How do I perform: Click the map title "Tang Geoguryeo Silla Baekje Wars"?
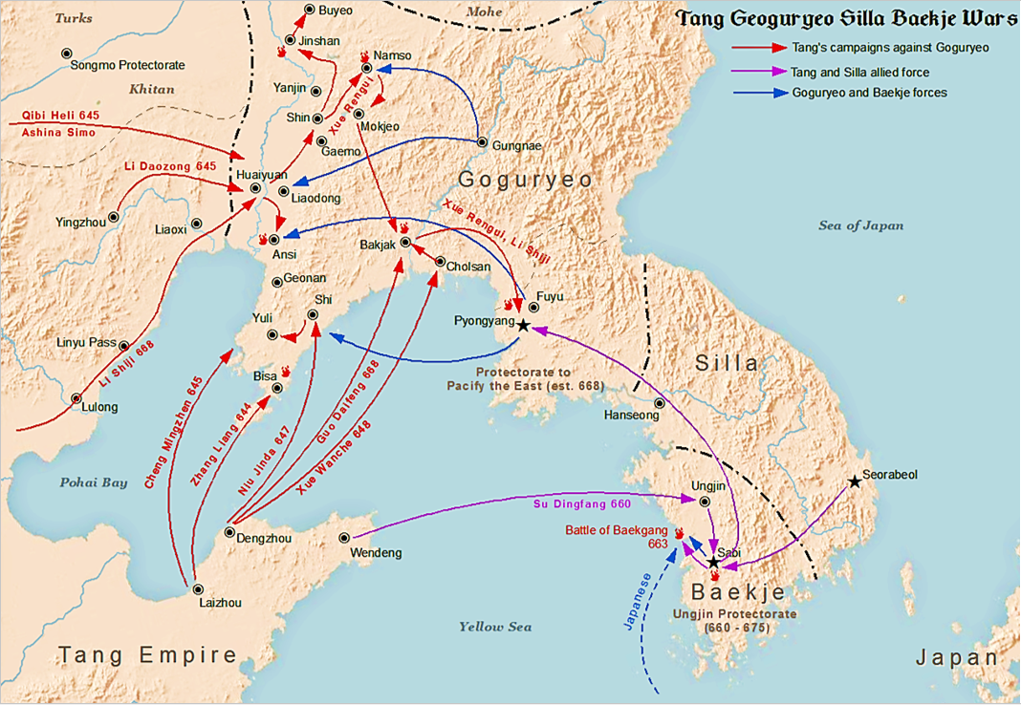tap(846, 20)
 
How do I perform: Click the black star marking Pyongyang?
tap(523, 326)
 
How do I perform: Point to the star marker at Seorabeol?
tap(855, 482)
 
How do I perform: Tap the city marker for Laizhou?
tap(198, 589)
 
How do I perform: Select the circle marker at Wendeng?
tap(344, 538)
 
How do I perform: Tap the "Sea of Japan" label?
tap(860, 225)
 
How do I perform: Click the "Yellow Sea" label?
tap(494, 627)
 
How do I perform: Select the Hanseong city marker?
tap(658, 403)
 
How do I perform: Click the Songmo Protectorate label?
tap(128, 66)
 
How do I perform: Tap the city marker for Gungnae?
tap(482, 145)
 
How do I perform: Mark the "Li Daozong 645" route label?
tap(170, 167)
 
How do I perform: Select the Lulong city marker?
tap(76, 397)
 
